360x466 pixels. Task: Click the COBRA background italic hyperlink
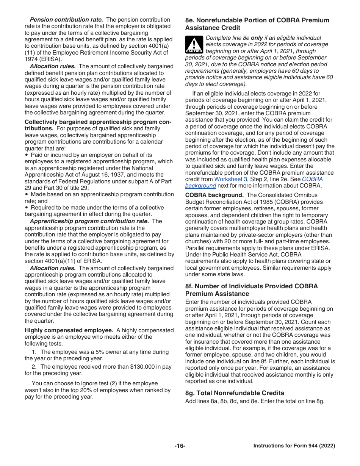click(x=200, y=186)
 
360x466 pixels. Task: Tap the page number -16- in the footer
click(x=180, y=446)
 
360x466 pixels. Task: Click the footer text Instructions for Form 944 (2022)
click(x=294, y=446)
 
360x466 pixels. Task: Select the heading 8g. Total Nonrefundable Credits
click(x=235, y=393)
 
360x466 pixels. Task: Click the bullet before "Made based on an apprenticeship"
click(x=27, y=195)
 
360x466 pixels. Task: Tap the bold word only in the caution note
click(x=257, y=38)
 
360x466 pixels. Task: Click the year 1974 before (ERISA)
click(x=31, y=59)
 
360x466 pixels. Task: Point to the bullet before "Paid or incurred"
click(x=27, y=155)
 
